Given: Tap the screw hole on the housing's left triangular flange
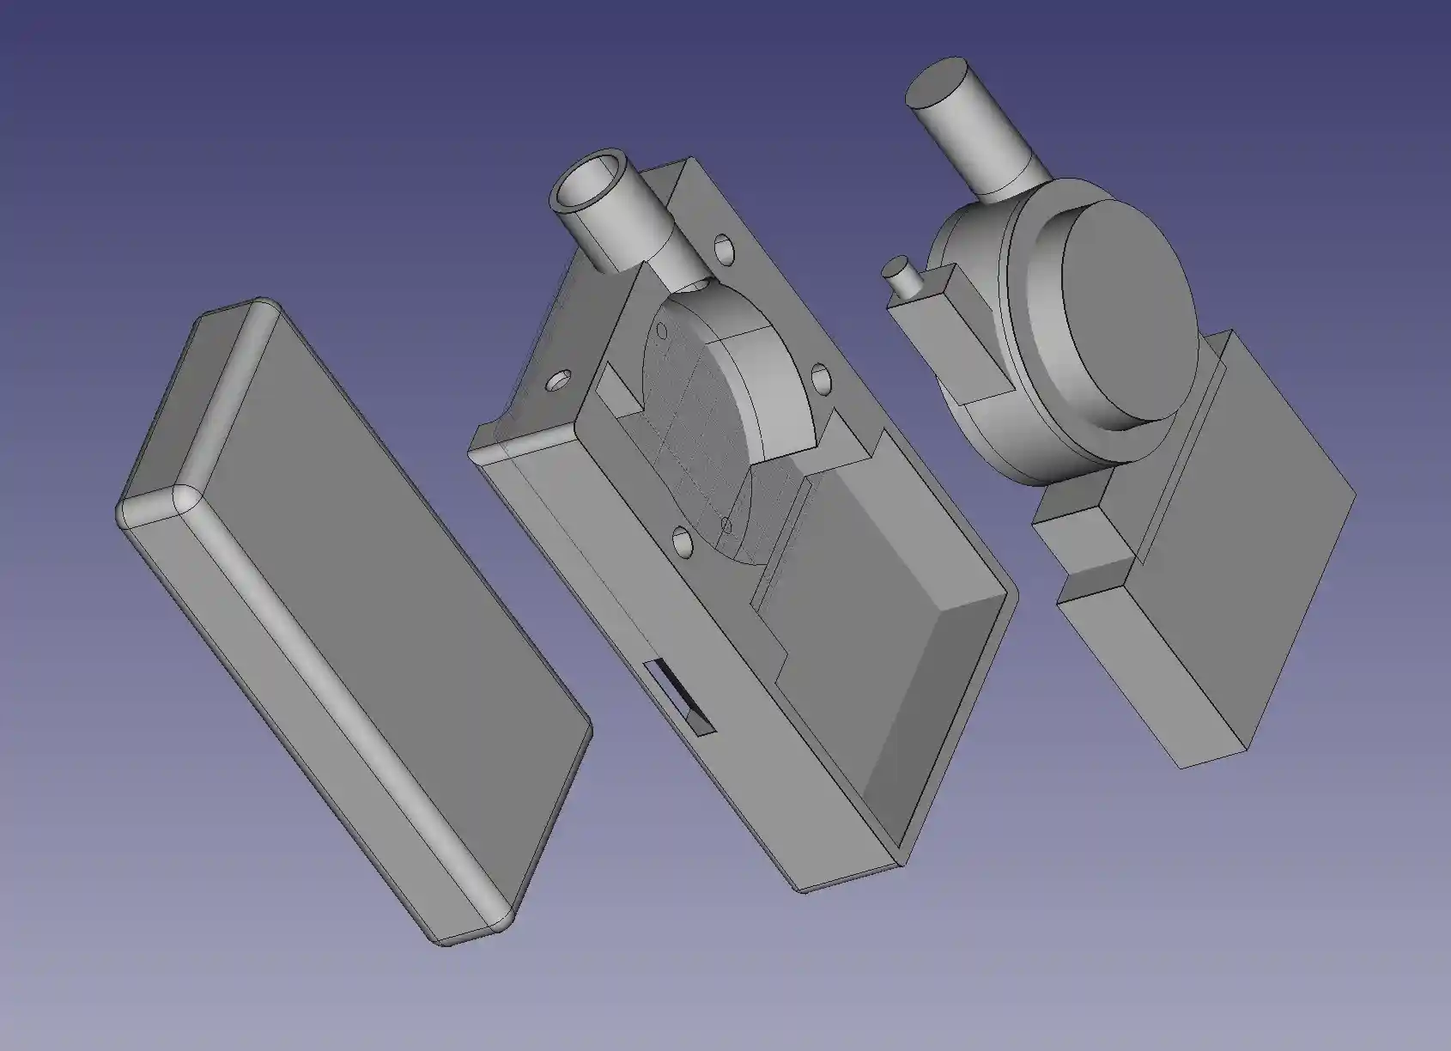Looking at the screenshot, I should point(562,380).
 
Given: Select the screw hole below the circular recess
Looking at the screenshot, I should point(683,541).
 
